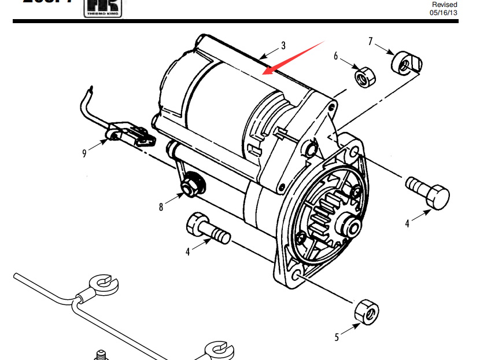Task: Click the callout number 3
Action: click(x=283, y=45)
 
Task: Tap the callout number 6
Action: click(x=335, y=56)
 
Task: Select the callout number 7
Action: click(x=370, y=41)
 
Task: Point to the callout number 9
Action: click(x=84, y=153)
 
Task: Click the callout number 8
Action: click(x=161, y=206)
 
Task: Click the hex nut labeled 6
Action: click(x=364, y=76)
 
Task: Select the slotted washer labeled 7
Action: click(x=407, y=63)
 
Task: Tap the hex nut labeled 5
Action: click(x=366, y=312)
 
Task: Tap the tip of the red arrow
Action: click(x=263, y=74)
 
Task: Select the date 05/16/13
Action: click(x=444, y=12)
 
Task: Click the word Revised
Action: click(x=444, y=4)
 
